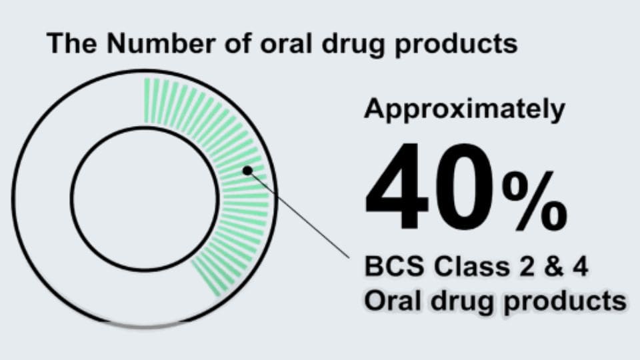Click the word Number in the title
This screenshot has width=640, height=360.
161,43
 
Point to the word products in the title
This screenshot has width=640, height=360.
456,45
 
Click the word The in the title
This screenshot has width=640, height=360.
72,43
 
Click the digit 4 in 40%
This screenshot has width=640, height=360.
397,186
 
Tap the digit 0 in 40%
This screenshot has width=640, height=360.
465,186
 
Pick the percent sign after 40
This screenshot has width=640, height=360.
535,201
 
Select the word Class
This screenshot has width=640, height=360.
472,267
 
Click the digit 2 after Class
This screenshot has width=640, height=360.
526,267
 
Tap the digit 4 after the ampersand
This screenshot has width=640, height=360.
579,267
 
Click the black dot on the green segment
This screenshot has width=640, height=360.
247,171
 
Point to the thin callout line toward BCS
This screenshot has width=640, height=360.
299,214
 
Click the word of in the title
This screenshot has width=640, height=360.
237,43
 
